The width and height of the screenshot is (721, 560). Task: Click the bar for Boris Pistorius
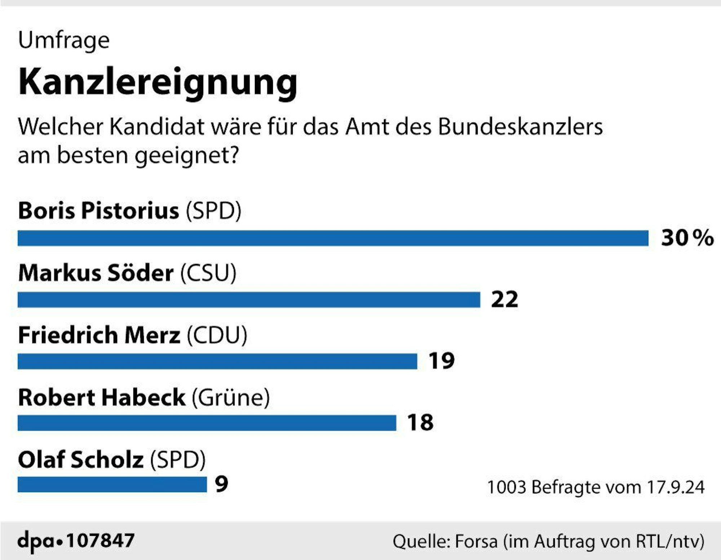click(333, 238)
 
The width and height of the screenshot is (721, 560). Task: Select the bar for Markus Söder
click(249, 300)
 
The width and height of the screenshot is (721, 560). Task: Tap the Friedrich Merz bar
click(217, 361)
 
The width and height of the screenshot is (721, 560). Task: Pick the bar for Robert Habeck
click(207, 423)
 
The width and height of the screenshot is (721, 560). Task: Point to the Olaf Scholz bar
click(112, 484)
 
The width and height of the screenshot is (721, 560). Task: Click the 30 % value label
click(687, 238)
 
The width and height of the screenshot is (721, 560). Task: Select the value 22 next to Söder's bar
click(504, 299)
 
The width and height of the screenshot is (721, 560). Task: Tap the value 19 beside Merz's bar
click(442, 361)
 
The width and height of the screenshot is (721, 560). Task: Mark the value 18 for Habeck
click(420, 423)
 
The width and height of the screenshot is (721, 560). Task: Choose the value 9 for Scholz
click(221, 484)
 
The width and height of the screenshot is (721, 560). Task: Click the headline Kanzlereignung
click(158, 82)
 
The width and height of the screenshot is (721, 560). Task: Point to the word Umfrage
click(64, 40)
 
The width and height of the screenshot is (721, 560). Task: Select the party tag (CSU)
click(208, 273)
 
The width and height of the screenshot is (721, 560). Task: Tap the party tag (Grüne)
click(231, 398)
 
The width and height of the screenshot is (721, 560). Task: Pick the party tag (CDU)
click(217, 335)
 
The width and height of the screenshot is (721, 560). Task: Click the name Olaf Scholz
click(81, 460)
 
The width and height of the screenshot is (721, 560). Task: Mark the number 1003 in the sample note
click(507, 487)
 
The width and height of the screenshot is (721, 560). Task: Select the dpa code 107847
click(101, 541)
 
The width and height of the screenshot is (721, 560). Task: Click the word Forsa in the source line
click(476, 542)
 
